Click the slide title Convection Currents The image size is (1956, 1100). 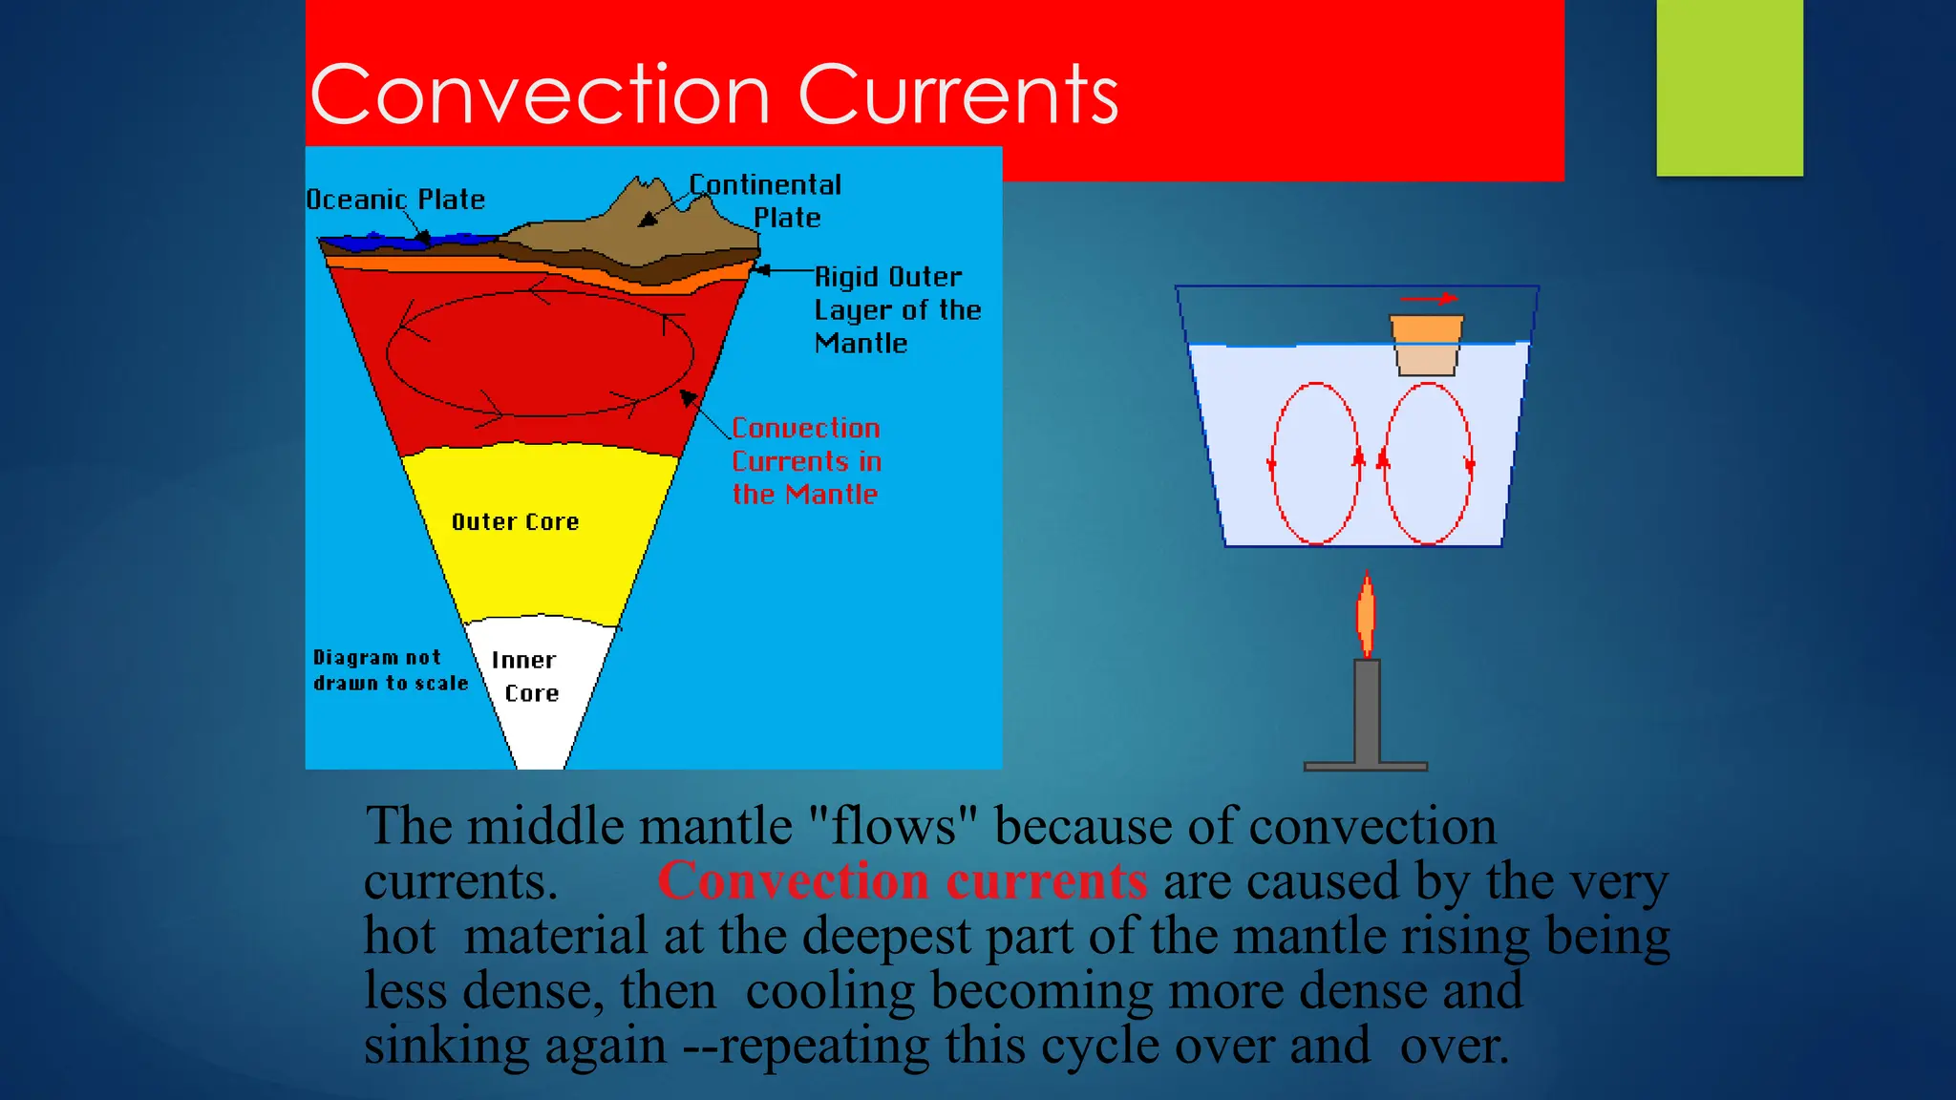[713, 95]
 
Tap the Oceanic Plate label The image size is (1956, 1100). [395, 200]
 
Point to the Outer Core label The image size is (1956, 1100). [515, 522]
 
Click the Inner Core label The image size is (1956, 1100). [525, 677]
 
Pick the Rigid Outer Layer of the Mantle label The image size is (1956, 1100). [896, 309]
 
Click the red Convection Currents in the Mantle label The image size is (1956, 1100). [806, 461]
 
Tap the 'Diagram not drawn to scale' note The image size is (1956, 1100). [390, 670]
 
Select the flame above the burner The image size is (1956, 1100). [1367, 615]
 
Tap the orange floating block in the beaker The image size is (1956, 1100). [1426, 344]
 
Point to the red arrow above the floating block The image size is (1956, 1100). [1428, 299]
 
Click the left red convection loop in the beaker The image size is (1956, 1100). [1316, 464]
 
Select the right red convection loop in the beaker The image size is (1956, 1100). [1428, 464]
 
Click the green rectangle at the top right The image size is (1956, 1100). [1729, 88]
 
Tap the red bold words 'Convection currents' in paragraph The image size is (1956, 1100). [903, 880]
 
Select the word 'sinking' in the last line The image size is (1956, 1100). [446, 1046]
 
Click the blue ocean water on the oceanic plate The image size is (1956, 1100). [382, 239]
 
